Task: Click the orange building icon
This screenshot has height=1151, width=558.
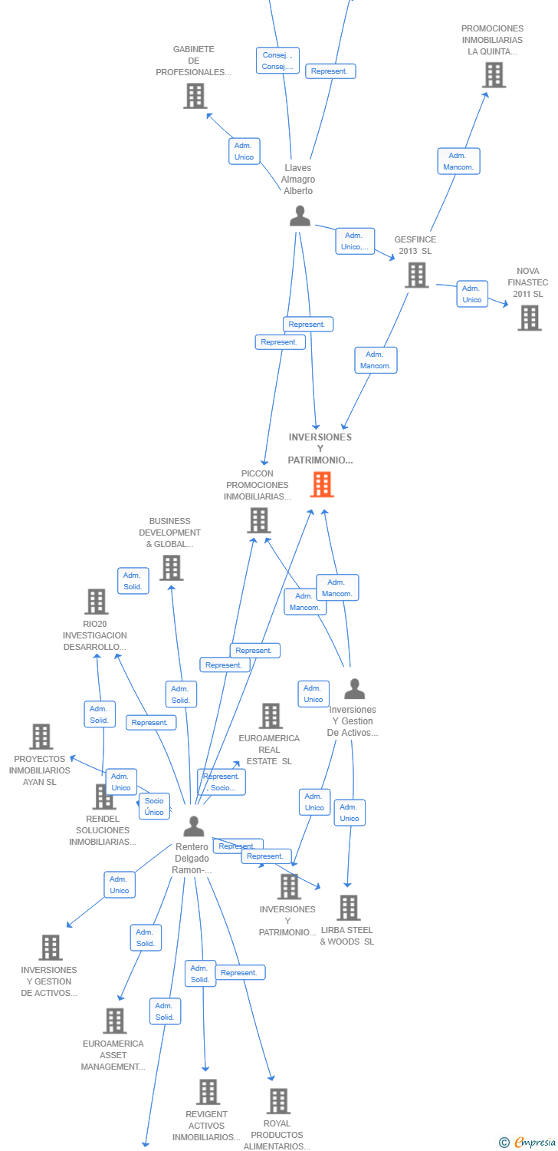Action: (322, 484)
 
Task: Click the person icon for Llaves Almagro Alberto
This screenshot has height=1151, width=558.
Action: (300, 216)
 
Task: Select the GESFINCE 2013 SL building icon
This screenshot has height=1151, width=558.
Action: (417, 275)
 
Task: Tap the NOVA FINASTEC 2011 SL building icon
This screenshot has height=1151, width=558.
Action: (529, 318)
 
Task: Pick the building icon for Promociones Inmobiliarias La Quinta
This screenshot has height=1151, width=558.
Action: (494, 75)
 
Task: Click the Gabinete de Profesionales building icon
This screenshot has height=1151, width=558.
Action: (195, 96)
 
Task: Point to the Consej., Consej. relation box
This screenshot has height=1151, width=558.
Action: (277, 61)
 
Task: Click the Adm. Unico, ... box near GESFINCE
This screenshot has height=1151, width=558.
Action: (355, 241)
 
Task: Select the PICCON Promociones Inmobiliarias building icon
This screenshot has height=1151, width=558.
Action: (259, 520)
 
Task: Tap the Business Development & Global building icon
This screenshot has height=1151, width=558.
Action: (172, 568)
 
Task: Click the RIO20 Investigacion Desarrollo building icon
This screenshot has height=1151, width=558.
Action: (96, 601)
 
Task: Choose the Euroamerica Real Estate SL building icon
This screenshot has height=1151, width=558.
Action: (271, 716)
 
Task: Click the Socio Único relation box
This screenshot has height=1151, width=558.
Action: (154, 806)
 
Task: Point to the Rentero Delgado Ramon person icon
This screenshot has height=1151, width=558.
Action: (194, 826)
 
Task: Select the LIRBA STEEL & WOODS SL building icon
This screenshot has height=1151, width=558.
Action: (349, 908)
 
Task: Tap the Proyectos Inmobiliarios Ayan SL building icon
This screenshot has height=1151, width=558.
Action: (41, 737)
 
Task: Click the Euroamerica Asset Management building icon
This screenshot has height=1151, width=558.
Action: (114, 1021)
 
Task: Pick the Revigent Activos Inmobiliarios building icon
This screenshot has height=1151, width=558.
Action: (208, 1091)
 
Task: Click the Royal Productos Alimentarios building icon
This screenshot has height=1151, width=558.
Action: (279, 1100)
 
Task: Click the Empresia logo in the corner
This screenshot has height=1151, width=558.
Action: (527, 1142)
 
